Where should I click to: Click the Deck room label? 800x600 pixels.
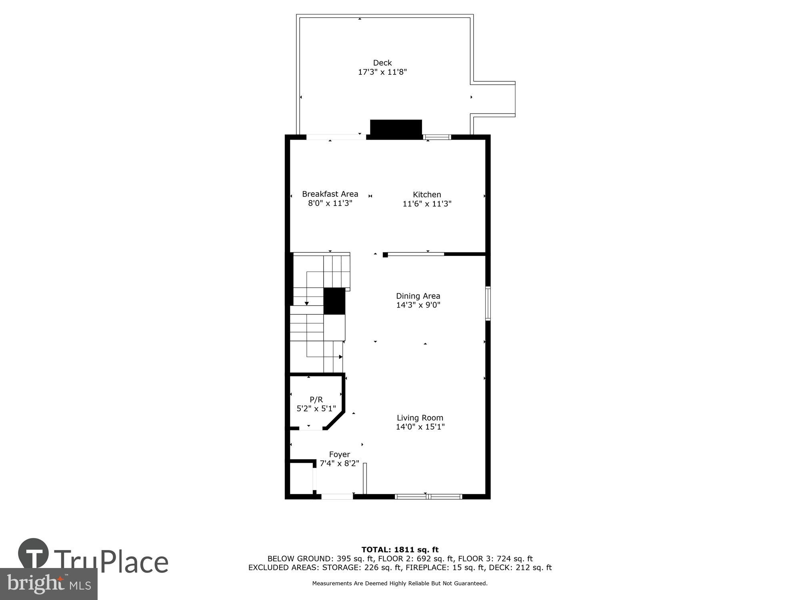pyautogui.click(x=382, y=63)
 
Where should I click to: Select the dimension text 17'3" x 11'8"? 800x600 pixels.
pyautogui.click(x=382, y=72)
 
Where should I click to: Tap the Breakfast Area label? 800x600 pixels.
pyautogui.click(x=330, y=194)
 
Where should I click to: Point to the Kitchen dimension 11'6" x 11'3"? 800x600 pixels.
pyautogui.click(x=427, y=204)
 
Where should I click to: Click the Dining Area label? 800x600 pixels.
pyautogui.click(x=418, y=296)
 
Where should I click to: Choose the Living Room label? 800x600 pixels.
pyautogui.click(x=420, y=418)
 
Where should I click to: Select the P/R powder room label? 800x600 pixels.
pyautogui.click(x=316, y=400)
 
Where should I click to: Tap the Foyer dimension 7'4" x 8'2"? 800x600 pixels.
pyautogui.click(x=339, y=464)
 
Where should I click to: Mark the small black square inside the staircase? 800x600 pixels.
pyautogui.click(x=334, y=301)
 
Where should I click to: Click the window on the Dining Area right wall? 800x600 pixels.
pyautogui.click(x=488, y=303)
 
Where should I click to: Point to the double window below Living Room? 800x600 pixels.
pyautogui.click(x=428, y=497)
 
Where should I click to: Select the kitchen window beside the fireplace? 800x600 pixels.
pyautogui.click(x=437, y=137)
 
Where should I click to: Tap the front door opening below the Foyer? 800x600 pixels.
pyautogui.click(x=337, y=497)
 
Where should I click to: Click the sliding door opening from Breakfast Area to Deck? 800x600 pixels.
pyautogui.click(x=336, y=137)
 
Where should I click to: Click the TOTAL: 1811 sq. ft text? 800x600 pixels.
pyautogui.click(x=400, y=550)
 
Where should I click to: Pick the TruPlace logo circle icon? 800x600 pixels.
pyautogui.click(x=33, y=554)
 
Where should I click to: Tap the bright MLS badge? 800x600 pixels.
pyautogui.click(x=48, y=584)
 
